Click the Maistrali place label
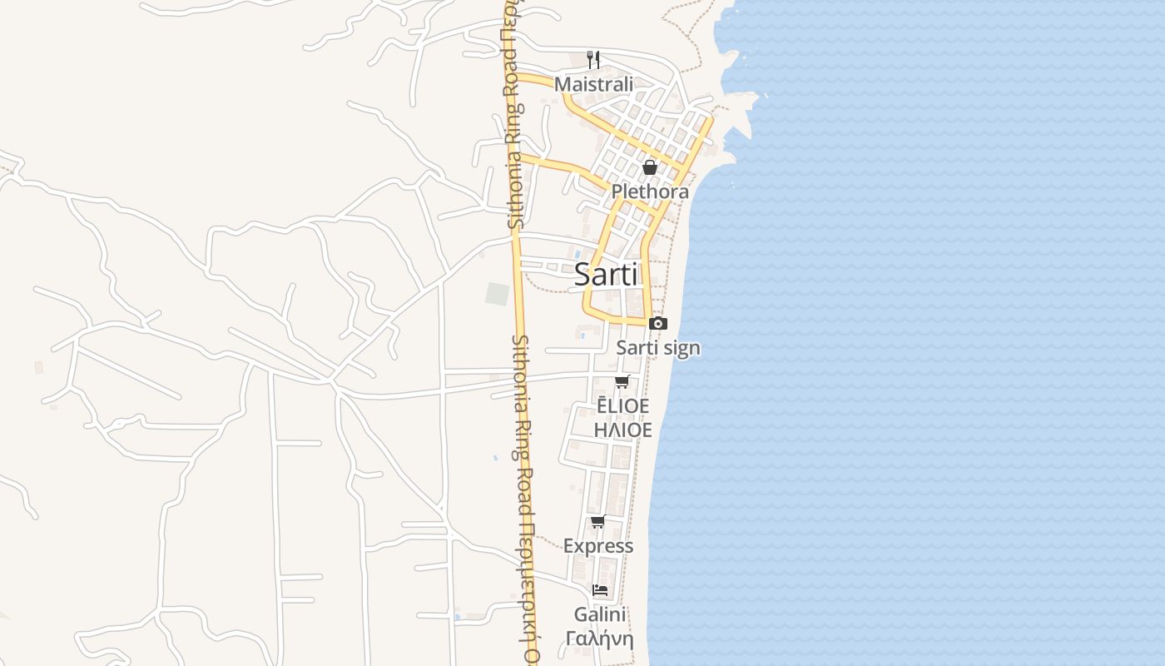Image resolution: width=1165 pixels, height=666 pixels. click(593, 84)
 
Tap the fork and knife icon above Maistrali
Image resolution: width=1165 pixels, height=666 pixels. click(593, 59)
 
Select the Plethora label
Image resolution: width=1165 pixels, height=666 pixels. click(650, 191)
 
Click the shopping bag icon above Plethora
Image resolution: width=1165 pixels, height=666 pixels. click(650, 167)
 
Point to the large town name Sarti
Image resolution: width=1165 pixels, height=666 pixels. click(606, 275)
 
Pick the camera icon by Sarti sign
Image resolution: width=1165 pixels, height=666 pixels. click(657, 323)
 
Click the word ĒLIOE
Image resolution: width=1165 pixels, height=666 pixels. click(622, 406)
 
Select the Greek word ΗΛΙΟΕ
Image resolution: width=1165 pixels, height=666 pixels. click(622, 430)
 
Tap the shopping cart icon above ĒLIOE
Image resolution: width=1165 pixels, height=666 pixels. click(622, 382)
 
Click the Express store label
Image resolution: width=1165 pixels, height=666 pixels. click(598, 546)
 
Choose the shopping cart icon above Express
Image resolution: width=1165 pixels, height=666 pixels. click(597, 522)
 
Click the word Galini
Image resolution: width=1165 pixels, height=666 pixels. click(599, 614)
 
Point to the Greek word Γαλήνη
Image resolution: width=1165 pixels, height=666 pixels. click(599, 639)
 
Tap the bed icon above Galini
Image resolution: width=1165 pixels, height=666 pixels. click(599, 590)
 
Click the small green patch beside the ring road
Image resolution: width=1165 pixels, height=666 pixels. click(497, 294)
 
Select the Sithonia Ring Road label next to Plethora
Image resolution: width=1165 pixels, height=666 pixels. click(516, 166)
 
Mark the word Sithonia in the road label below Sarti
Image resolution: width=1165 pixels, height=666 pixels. click(522, 366)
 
